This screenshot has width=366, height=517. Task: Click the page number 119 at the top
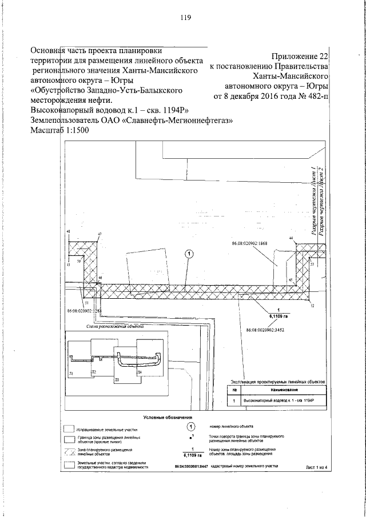tap(185, 17)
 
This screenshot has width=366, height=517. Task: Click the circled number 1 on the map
tap(189, 253)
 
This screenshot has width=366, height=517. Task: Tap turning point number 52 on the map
tap(313, 306)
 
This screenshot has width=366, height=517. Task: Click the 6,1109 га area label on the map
tap(278, 314)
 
